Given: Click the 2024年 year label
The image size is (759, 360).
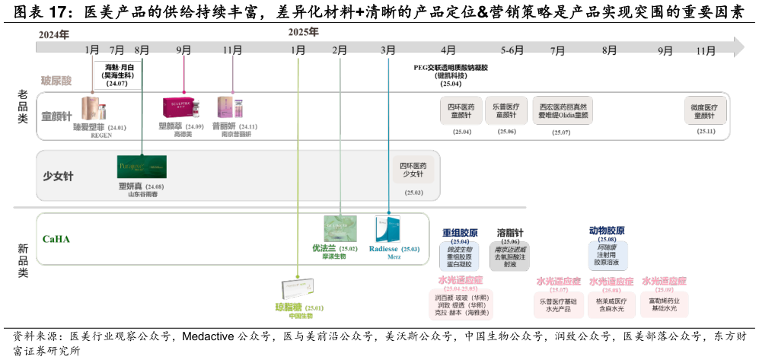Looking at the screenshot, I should (53, 35).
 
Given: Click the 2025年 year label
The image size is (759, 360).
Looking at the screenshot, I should (303, 32).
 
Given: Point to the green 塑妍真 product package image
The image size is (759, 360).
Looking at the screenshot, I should (142, 166).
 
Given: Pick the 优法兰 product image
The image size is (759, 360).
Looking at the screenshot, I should (340, 229).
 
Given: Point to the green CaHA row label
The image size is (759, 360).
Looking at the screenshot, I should (57, 240).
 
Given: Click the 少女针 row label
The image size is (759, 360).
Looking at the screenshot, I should (58, 177).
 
